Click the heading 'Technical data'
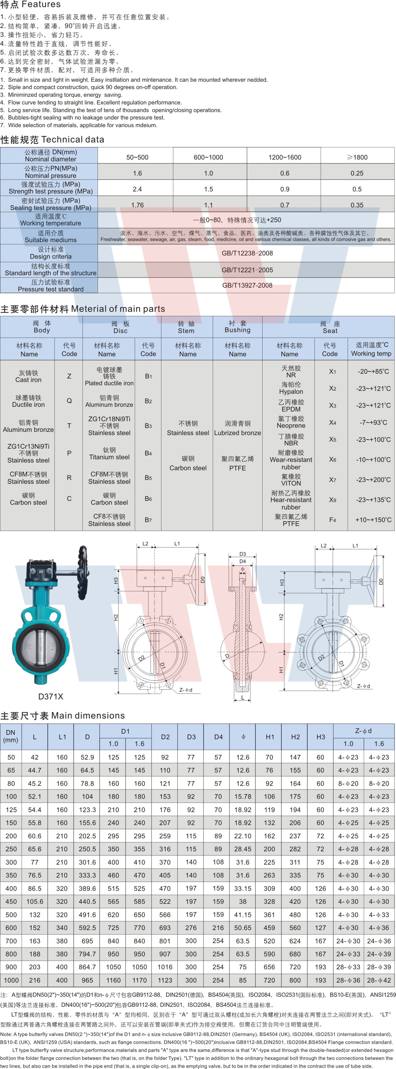click(72, 140)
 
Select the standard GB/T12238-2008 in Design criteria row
click(247, 253)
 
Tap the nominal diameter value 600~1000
click(208, 157)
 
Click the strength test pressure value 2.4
click(137, 189)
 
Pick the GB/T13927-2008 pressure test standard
click(247, 286)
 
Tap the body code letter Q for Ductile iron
click(69, 401)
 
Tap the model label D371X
click(51, 697)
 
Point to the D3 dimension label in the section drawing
click(242, 554)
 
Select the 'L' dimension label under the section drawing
click(242, 698)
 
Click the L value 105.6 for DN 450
click(35, 902)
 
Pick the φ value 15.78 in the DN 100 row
click(242, 797)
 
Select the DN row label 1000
click(11, 980)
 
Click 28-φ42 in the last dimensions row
click(379, 980)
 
